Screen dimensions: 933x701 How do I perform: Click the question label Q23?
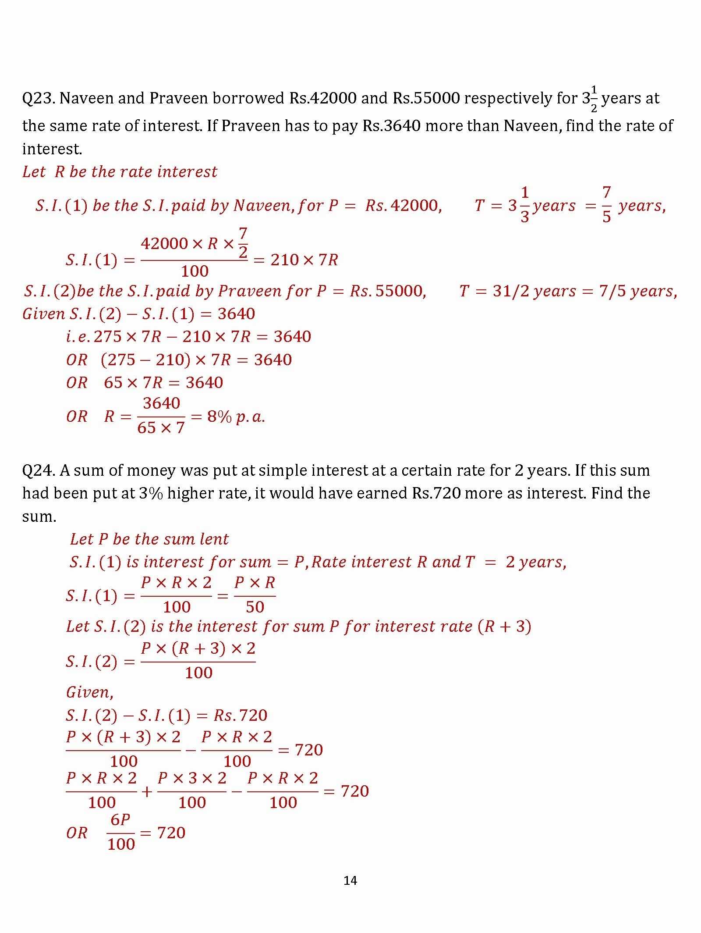point(38,98)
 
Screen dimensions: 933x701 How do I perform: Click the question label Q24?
point(38,470)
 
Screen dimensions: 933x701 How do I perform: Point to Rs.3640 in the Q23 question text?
point(391,126)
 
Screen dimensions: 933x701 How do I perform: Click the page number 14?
point(350,880)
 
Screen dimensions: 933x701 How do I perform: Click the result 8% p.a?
point(236,417)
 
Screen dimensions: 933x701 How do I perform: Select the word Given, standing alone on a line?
point(90,692)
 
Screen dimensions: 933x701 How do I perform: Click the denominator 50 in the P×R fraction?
point(255,607)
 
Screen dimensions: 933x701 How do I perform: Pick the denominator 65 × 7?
point(161,427)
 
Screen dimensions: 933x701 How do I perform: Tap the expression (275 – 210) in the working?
point(145,360)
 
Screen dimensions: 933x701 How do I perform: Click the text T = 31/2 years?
point(517,291)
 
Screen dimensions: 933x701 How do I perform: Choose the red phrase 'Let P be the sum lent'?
point(149,539)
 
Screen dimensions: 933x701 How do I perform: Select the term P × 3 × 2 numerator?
point(192,778)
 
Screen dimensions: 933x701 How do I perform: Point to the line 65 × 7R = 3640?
point(163,383)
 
